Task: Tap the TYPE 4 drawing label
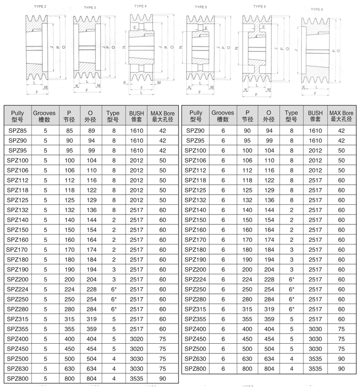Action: coord(140,6)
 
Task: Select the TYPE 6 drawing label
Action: coord(260,6)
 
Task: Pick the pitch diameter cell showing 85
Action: coord(69,131)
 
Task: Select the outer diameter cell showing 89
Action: coord(91,131)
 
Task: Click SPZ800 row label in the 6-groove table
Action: coord(196,368)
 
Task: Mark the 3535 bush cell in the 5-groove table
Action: coord(136,378)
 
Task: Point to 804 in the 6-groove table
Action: coord(269,368)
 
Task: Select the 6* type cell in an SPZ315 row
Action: coord(291,309)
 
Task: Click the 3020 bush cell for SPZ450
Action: coord(136,348)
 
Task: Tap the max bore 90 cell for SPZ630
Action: coord(341,359)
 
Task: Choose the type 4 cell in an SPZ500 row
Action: coord(113,358)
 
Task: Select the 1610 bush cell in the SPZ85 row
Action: coord(136,131)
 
